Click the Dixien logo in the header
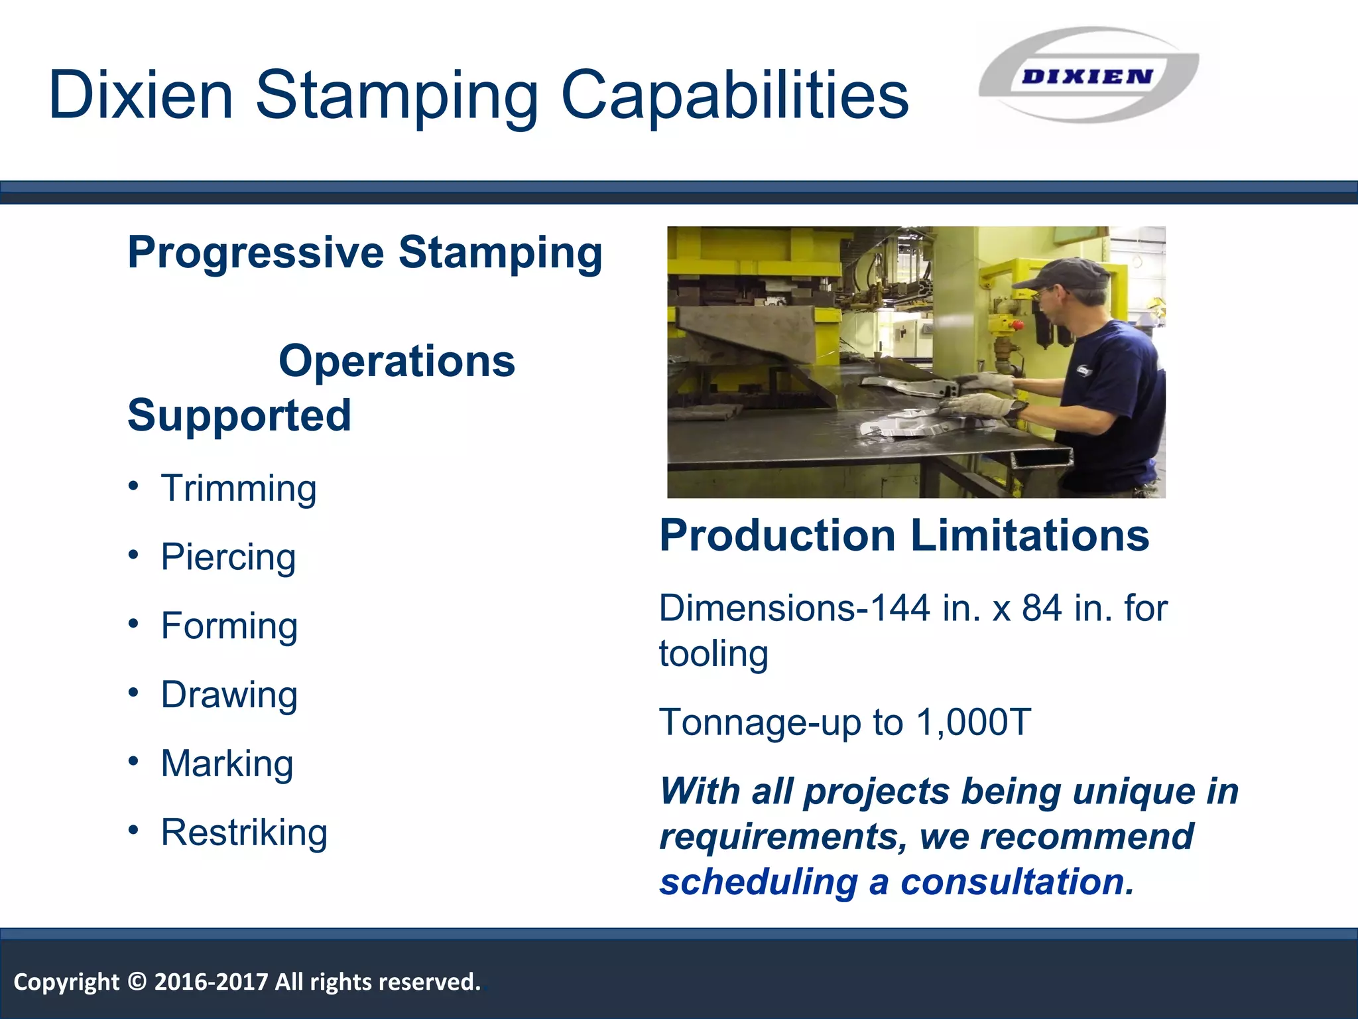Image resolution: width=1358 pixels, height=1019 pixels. click(x=1087, y=76)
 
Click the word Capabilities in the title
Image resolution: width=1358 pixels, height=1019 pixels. click(x=735, y=97)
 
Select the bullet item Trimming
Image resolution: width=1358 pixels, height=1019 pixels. click(x=239, y=489)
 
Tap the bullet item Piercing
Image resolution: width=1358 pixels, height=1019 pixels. click(x=228, y=557)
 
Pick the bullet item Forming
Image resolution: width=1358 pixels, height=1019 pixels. click(x=229, y=626)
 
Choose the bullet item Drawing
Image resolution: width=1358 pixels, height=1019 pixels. click(x=229, y=695)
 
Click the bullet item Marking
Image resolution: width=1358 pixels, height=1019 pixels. click(x=227, y=764)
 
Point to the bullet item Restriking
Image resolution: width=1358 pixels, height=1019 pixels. click(x=244, y=833)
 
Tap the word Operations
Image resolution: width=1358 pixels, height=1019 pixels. click(x=397, y=362)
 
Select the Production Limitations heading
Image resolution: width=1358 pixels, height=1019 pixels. click(x=904, y=535)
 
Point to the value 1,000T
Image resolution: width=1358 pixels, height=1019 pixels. click(x=973, y=722)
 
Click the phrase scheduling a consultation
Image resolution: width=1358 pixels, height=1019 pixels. click(x=896, y=882)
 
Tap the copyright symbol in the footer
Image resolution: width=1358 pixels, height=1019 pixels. click(x=137, y=982)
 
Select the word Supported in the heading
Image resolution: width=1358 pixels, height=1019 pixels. click(x=239, y=416)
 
